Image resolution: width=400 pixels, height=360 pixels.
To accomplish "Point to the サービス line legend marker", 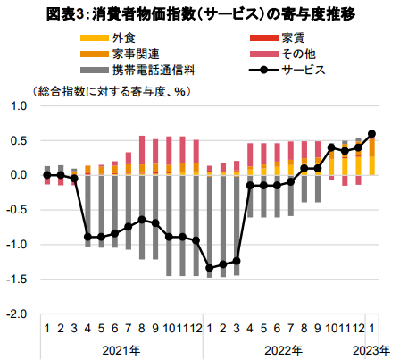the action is [263, 71].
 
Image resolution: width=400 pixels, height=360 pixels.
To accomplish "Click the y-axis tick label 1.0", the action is [19, 106].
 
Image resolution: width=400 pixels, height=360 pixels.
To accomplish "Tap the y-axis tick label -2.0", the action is [17, 314].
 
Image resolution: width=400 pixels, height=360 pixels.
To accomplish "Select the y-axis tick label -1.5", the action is [17, 280].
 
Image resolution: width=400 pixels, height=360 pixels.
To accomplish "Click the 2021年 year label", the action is [121, 350].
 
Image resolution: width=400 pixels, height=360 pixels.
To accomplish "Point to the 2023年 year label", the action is [371, 350].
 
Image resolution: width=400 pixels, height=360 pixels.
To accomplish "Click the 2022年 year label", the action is [283, 350].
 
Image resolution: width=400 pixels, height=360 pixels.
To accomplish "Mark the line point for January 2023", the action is [371, 134].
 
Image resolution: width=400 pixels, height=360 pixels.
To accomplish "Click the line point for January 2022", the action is [210, 268].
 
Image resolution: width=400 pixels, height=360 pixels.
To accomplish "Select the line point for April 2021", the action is [87, 237].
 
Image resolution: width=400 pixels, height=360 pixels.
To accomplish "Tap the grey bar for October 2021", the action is [169, 225].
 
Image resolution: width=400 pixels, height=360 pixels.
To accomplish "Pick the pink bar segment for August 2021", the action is [142, 150].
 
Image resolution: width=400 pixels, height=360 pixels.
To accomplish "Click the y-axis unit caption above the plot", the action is [112, 91].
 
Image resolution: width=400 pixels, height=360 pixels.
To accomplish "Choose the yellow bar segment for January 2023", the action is [371, 165].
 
